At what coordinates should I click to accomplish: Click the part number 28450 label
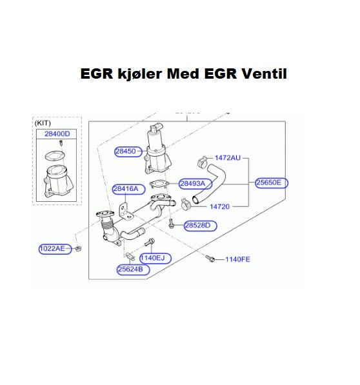coord(126,152)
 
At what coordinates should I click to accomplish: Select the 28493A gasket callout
coord(192,183)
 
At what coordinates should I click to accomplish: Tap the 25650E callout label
coord(268,183)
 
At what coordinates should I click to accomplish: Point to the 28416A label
coord(126,189)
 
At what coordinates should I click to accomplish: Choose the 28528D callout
coord(197,226)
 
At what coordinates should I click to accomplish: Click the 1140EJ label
coord(152,258)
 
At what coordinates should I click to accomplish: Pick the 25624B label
coord(130,270)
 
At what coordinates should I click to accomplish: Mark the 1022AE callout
coord(52,249)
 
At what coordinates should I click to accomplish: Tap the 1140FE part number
coord(237,259)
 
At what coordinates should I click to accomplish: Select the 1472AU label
coord(228,158)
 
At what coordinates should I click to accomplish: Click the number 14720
coord(219,207)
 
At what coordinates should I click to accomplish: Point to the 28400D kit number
coord(57,134)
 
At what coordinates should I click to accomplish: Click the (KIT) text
coord(43,123)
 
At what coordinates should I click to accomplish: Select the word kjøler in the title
coord(140,74)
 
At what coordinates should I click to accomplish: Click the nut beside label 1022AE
coord(78,249)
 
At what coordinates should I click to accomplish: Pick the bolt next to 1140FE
coord(210,259)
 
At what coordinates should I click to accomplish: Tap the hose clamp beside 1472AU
coord(203,163)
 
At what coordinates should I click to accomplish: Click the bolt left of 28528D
coord(171,224)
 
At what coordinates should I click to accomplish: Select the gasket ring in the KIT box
coord(55,155)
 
